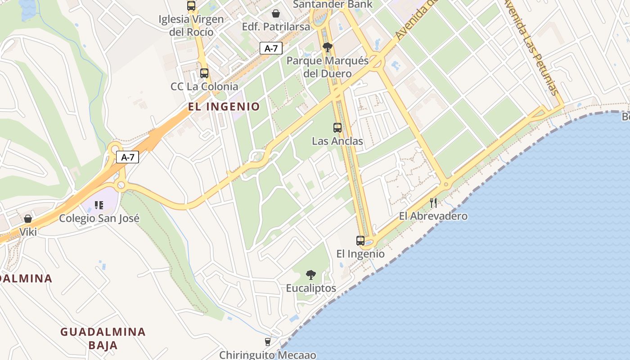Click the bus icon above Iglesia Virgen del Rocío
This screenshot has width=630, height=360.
191,6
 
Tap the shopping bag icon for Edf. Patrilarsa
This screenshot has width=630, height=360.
276,13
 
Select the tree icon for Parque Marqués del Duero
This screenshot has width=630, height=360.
328,47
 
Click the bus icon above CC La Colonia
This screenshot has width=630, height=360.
204,73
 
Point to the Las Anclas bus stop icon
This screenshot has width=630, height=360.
337,127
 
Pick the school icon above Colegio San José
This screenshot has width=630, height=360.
99,205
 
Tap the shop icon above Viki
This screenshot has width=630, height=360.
28,219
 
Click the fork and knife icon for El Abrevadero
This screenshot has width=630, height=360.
433,202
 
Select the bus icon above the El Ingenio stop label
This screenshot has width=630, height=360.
360,240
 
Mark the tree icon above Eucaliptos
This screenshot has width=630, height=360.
310,274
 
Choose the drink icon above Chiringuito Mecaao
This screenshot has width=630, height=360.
268,342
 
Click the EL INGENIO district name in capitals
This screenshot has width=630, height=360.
224,107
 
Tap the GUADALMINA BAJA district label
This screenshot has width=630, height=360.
103,338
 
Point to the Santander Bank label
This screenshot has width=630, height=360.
333,4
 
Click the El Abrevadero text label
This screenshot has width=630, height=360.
433,216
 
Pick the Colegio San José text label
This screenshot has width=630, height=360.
99,219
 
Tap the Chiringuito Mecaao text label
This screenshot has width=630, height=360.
268,355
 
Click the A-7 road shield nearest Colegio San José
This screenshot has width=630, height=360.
128,157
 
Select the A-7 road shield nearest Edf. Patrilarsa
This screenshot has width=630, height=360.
271,49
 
